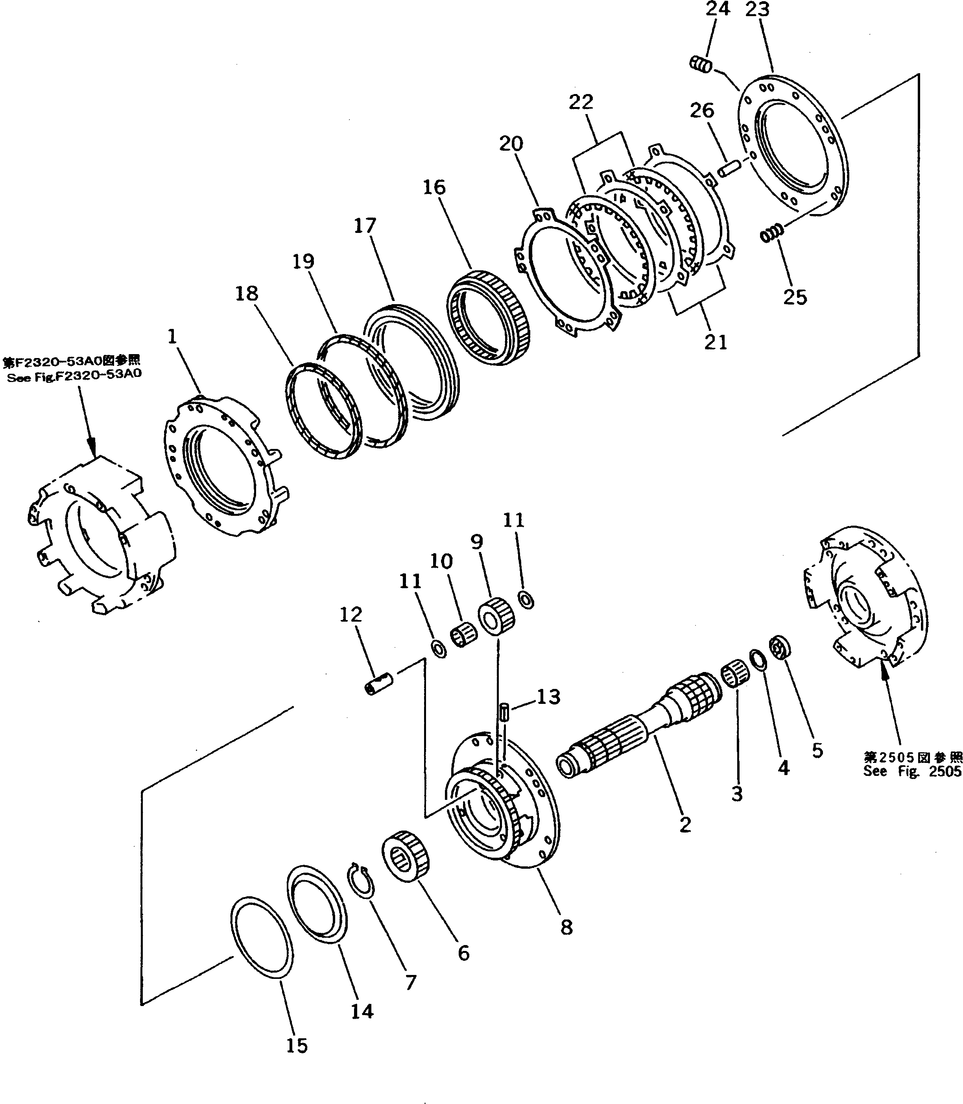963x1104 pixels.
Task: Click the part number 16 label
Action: pyautogui.click(x=434, y=188)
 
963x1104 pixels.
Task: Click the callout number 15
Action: pyautogui.click(x=297, y=1045)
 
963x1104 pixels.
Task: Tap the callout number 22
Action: pyautogui.click(x=581, y=102)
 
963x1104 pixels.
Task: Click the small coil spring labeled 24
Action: pyautogui.click(x=701, y=65)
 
